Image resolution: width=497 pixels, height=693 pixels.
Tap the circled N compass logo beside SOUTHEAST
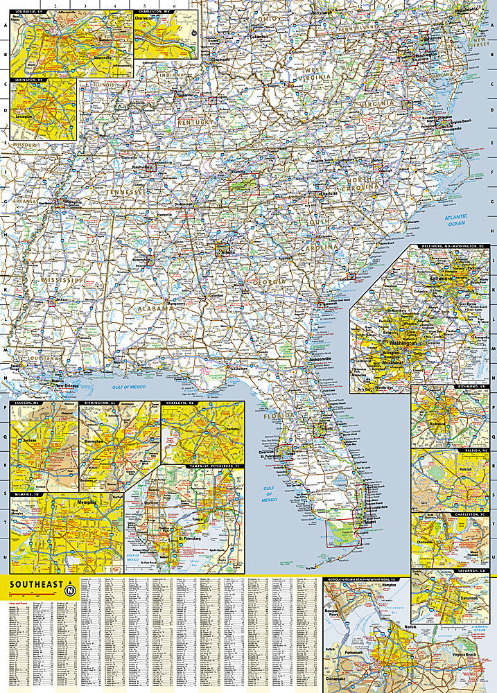coord(69,590)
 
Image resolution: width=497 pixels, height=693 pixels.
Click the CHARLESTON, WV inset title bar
coord(155,12)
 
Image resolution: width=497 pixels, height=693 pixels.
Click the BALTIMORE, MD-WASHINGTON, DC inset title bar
coord(455,246)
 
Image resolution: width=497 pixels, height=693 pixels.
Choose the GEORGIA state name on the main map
coord(268,283)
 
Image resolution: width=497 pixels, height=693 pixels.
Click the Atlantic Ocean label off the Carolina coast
coord(455,221)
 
